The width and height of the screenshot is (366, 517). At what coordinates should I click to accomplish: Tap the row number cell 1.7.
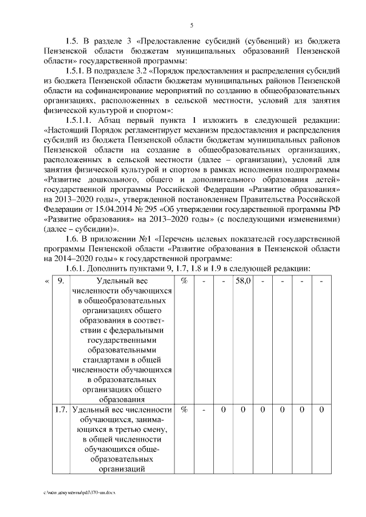(x=60, y=410)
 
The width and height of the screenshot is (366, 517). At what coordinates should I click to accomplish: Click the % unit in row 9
(x=184, y=282)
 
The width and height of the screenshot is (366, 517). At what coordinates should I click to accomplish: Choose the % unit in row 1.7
(x=184, y=410)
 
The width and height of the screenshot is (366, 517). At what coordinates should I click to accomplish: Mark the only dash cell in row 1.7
(x=204, y=410)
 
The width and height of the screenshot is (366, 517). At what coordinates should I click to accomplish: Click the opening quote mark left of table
(x=46, y=282)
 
